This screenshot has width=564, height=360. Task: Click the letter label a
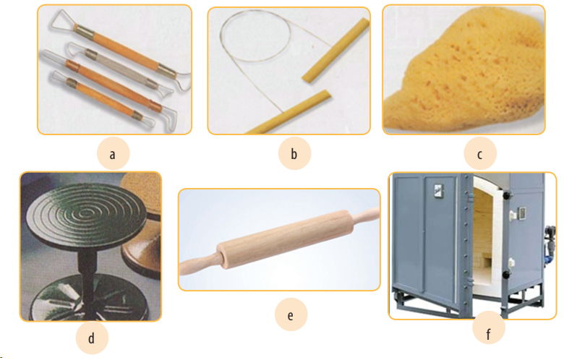113,155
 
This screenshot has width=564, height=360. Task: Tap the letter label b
294,154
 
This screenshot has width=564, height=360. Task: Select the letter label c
479,155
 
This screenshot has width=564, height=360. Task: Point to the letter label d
91,338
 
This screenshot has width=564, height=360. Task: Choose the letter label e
291,315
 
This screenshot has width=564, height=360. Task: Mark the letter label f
488,334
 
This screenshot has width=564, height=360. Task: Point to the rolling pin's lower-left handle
199,265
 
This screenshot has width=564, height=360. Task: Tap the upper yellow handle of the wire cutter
336,51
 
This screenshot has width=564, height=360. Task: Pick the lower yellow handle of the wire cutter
288,112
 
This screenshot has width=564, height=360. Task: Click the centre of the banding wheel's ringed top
86,214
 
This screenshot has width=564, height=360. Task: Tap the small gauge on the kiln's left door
438,191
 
